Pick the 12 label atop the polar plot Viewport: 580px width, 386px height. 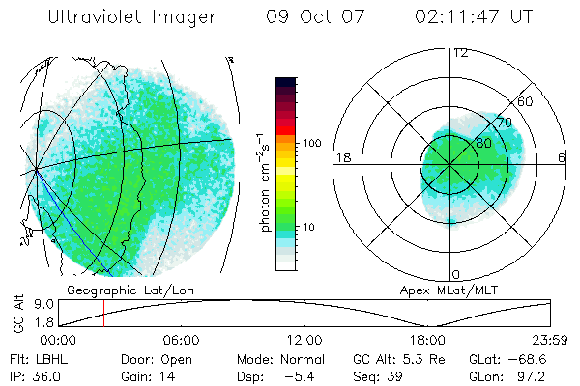click(460, 53)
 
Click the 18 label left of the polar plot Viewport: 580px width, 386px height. click(342, 157)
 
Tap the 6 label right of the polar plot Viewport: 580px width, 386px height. click(563, 157)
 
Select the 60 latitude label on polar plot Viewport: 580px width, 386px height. click(525, 102)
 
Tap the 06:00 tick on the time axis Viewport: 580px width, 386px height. click(182, 340)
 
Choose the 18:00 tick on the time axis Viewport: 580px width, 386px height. click(427, 340)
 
